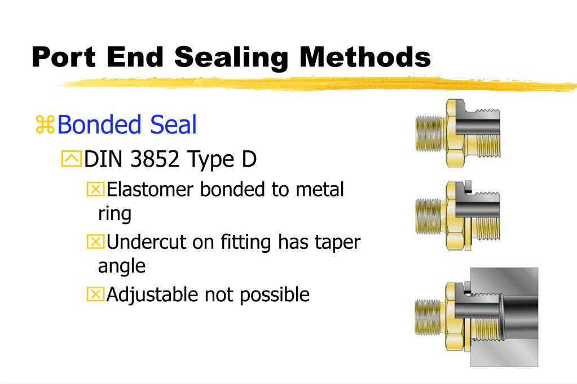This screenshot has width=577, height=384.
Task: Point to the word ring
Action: (x=114, y=213)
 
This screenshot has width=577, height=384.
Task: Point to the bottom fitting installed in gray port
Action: (x=477, y=316)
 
